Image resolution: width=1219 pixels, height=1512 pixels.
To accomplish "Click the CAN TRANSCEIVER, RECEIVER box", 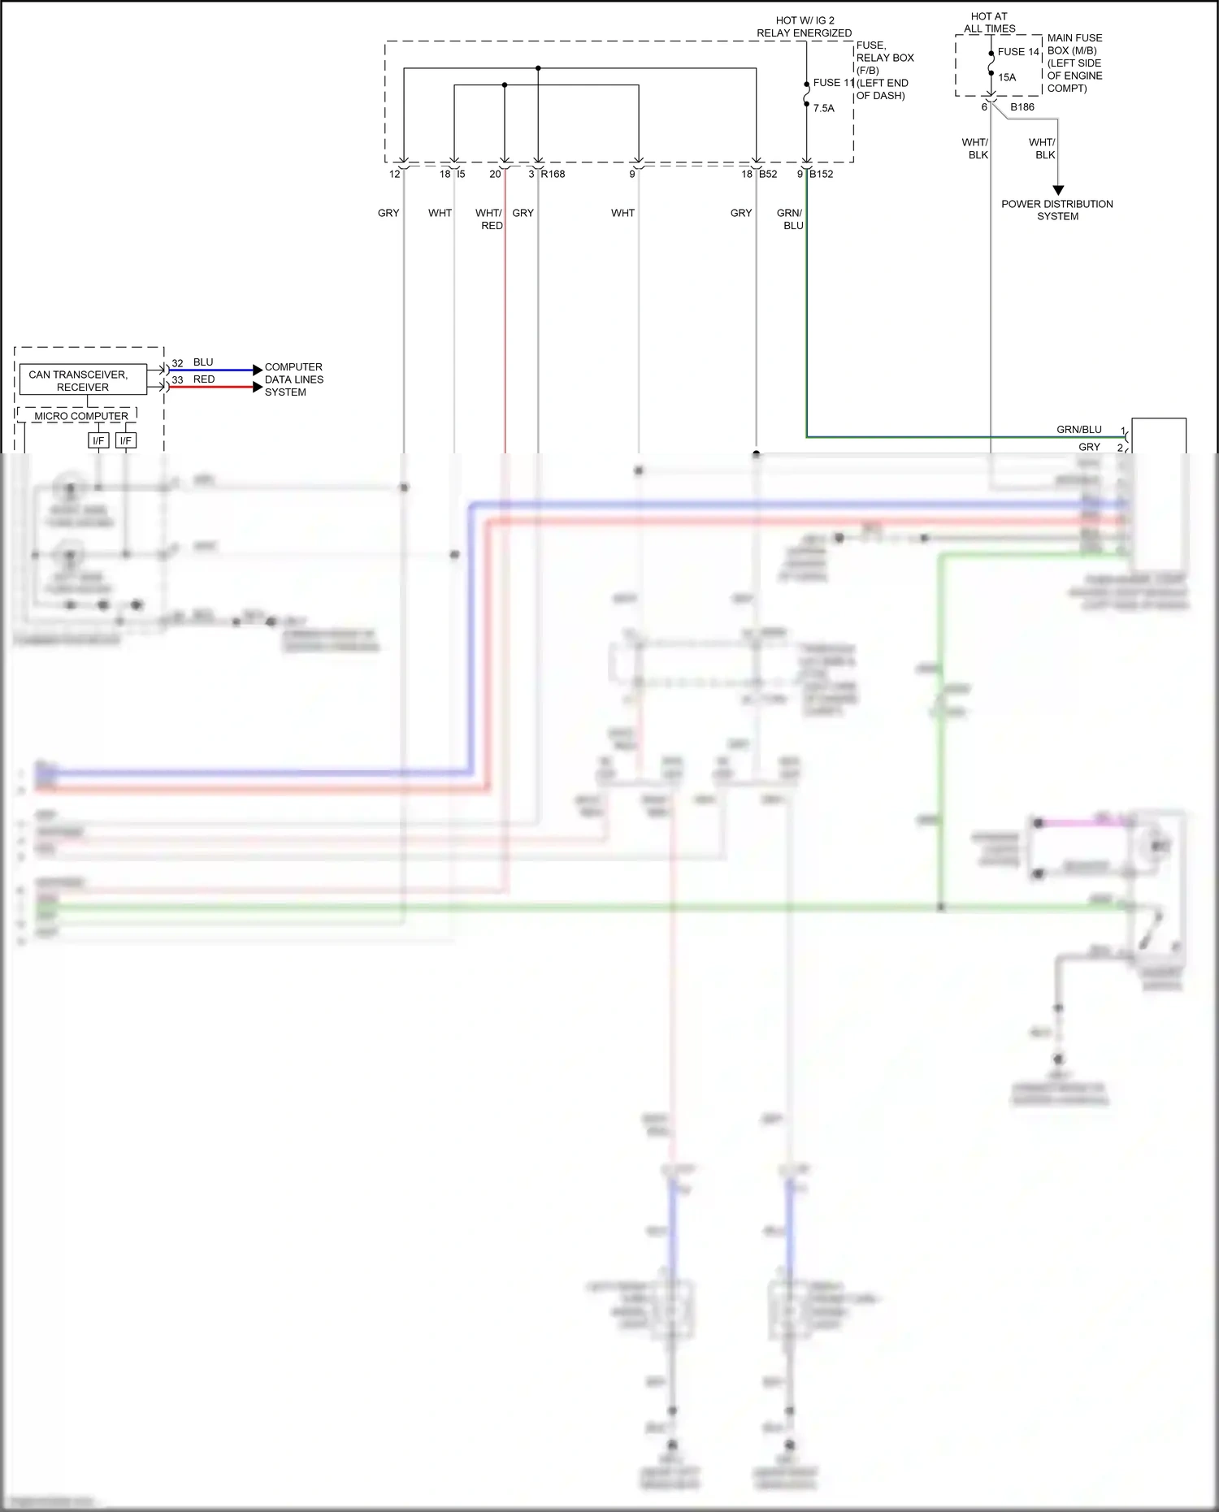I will (82, 380).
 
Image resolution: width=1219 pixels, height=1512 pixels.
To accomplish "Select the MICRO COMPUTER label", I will (80, 416).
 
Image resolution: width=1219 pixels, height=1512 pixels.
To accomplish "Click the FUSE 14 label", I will (1018, 52).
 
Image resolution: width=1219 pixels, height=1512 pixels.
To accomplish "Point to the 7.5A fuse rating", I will (823, 108).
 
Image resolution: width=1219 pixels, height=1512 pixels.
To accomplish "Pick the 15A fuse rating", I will (1007, 78).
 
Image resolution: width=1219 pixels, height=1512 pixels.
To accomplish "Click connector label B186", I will (1022, 107).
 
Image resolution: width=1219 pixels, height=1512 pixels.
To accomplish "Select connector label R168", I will (553, 174).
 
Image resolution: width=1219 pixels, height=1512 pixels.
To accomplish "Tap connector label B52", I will (768, 174).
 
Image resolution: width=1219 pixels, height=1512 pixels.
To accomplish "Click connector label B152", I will (822, 174).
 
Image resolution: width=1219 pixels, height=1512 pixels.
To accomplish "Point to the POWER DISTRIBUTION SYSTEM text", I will (1056, 210).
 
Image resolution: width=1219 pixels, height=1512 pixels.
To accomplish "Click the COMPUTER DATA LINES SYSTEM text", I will (293, 379).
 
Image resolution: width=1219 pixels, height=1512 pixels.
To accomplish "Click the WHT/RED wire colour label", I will (490, 219).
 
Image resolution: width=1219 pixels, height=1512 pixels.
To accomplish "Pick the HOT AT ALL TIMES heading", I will (989, 23).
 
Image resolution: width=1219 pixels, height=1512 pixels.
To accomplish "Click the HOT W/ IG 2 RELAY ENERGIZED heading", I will (804, 27).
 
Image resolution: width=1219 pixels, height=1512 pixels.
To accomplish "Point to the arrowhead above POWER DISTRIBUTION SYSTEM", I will (1058, 190).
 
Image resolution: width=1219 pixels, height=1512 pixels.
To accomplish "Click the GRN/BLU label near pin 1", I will (1078, 430).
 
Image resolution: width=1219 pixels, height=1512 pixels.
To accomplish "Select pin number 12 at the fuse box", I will (394, 174).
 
